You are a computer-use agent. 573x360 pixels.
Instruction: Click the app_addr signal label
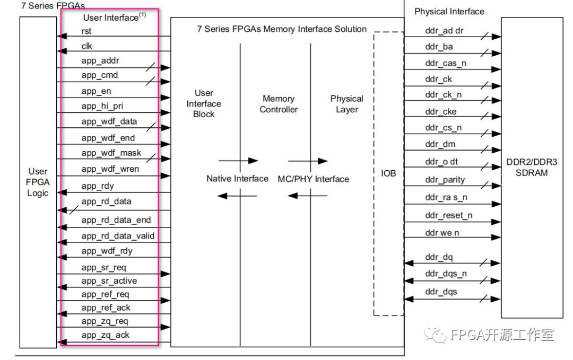pos(101,60)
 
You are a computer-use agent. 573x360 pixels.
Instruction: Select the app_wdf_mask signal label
pos(111,153)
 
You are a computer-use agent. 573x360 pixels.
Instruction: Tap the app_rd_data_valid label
pos(118,236)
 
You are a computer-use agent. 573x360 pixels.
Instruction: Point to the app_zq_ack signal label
pos(106,335)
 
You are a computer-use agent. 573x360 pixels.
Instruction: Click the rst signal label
pos(86,31)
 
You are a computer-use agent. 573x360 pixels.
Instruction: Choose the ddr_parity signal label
pos(445,180)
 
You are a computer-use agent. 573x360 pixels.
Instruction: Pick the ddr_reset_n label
pos(448,215)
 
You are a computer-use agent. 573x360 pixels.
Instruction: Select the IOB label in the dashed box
pos(388,173)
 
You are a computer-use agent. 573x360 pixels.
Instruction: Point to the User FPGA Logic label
pos(38,182)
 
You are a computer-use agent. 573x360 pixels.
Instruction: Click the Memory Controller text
pos(279,104)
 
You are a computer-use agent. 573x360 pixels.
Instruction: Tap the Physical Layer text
pos(347,104)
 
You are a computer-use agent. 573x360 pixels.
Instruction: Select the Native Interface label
pos(237,179)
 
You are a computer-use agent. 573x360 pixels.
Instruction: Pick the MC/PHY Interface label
pos(314,179)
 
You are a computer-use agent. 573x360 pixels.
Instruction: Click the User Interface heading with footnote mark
pos(114,17)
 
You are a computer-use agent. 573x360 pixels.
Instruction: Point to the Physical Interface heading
pos(449,11)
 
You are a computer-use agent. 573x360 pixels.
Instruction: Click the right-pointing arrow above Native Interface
pos(238,161)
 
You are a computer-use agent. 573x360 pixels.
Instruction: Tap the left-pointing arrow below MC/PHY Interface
pos(307,196)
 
